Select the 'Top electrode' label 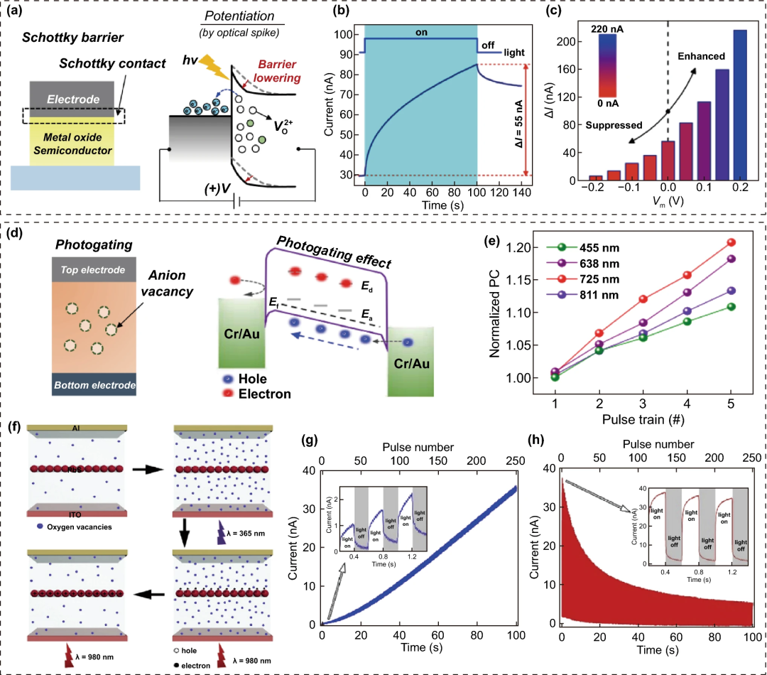[x=93, y=270]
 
